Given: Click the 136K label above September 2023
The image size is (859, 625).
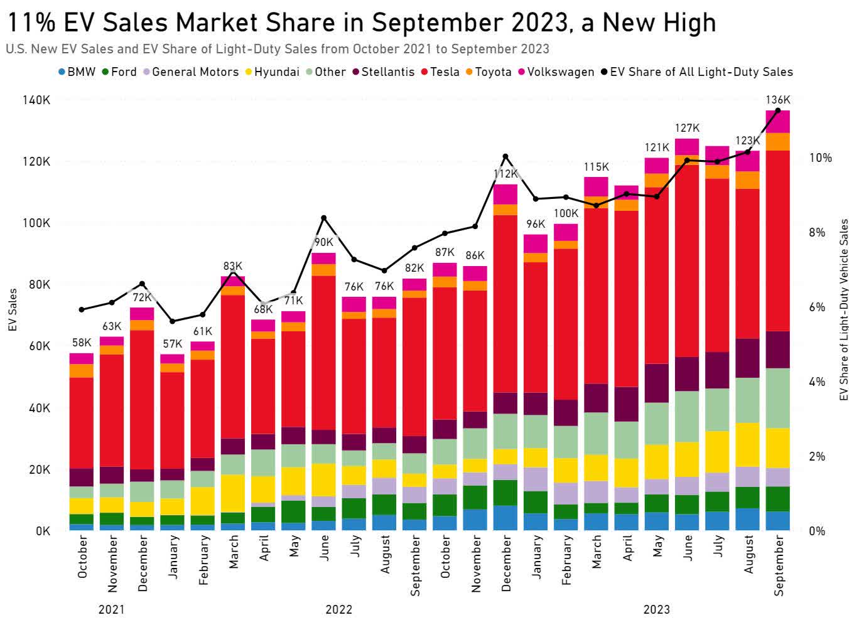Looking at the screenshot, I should (778, 100).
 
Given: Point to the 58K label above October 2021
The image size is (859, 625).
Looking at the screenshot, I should (81, 343).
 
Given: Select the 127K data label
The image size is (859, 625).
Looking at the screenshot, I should (687, 128).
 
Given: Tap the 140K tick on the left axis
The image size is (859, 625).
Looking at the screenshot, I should (39, 100).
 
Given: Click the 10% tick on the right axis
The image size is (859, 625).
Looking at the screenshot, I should (819, 158).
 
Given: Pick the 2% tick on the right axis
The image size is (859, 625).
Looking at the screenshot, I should (817, 456).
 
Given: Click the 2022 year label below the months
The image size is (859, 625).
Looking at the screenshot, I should (338, 609).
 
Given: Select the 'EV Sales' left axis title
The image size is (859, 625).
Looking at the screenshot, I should (12, 310).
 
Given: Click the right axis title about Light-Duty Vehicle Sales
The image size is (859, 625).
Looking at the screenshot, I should (844, 310).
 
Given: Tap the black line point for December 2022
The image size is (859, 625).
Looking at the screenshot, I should (505, 156).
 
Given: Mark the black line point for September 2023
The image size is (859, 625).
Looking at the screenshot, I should (778, 110).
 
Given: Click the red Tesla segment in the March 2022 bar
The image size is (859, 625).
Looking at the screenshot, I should (233, 366).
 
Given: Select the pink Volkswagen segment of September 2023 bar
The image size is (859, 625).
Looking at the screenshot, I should (778, 122).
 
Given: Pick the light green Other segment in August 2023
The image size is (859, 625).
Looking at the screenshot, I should (747, 400).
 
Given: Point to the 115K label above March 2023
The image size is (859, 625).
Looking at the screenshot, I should (596, 167).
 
